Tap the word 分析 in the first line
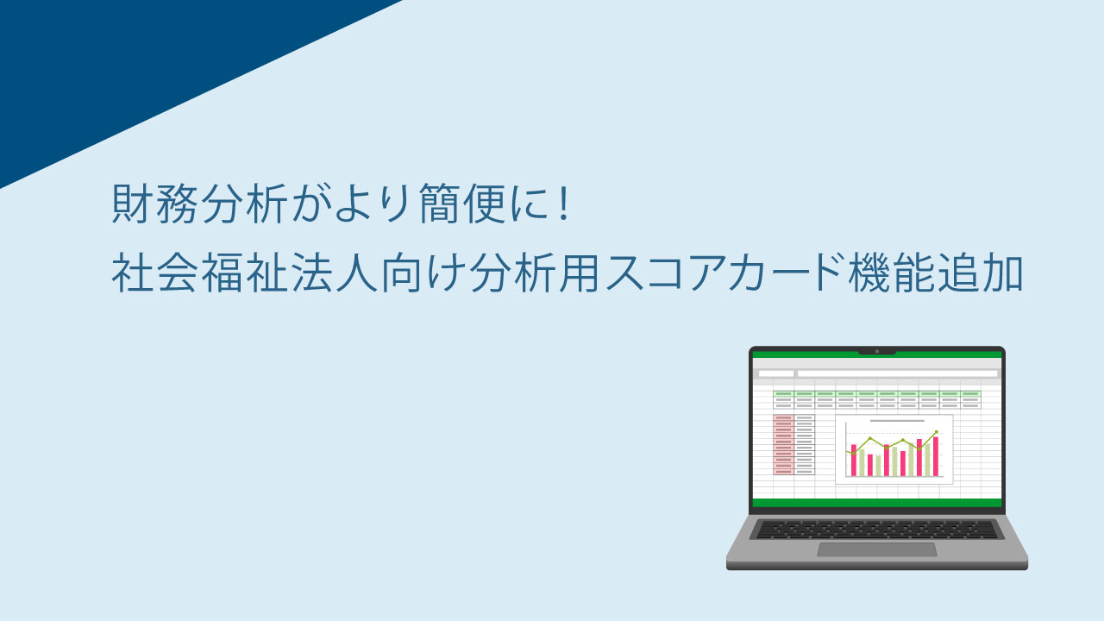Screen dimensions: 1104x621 (244, 203)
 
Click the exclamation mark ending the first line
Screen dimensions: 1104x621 (565, 202)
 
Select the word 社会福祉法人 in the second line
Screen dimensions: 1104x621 (246, 273)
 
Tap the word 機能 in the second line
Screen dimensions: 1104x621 (891, 273)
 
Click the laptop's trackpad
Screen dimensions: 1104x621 (877, 549)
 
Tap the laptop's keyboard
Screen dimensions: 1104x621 (877, 530)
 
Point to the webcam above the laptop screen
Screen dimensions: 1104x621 (877, 351)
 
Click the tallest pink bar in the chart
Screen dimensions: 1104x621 (936, 456)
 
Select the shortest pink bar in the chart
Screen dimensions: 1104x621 (870, 465)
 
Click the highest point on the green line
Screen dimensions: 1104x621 (937, 432)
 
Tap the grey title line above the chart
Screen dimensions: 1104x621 (897, 421)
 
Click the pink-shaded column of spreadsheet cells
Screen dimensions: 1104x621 (783, 444)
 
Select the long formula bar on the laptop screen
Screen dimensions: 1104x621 (898, 373)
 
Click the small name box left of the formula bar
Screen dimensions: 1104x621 (775, 373)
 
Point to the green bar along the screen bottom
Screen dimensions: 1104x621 (877, 503)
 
